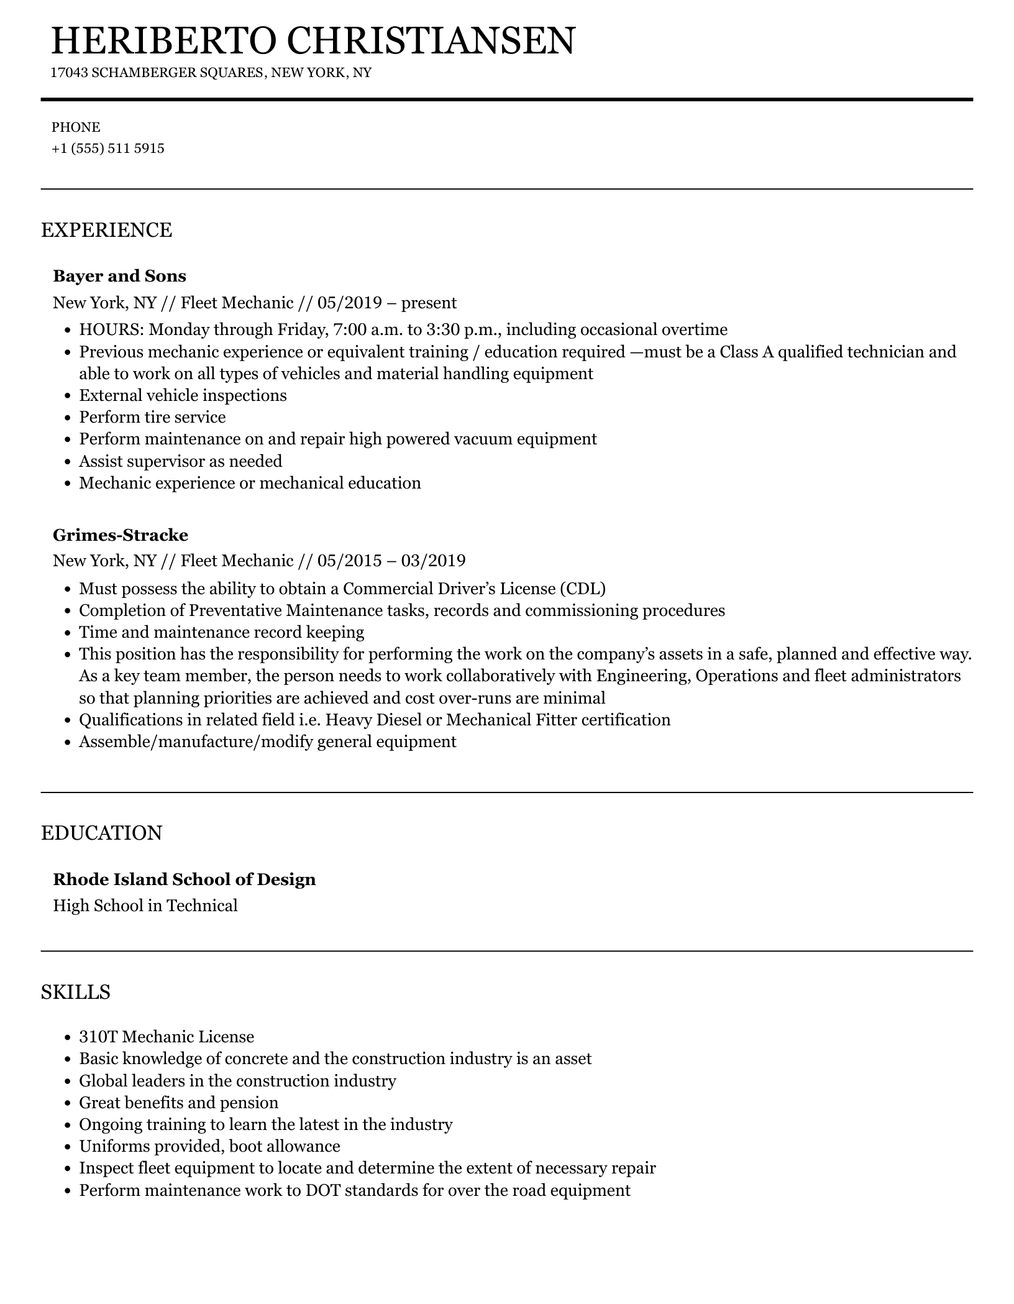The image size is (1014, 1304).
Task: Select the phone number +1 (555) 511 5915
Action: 108,149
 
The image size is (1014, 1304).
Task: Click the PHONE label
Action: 76,127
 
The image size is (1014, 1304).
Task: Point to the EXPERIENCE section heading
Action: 106,230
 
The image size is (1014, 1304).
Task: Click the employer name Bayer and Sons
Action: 119,276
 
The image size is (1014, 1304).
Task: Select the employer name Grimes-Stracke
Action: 120,535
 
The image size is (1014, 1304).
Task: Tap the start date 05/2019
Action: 349,303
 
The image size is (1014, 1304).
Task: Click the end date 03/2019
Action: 433,561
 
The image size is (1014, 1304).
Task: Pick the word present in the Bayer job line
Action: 429,303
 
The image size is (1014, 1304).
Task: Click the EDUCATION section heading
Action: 101,833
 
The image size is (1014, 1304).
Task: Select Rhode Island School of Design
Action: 184,879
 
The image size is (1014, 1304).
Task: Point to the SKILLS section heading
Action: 76,992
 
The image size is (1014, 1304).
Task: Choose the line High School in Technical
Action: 145,906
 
